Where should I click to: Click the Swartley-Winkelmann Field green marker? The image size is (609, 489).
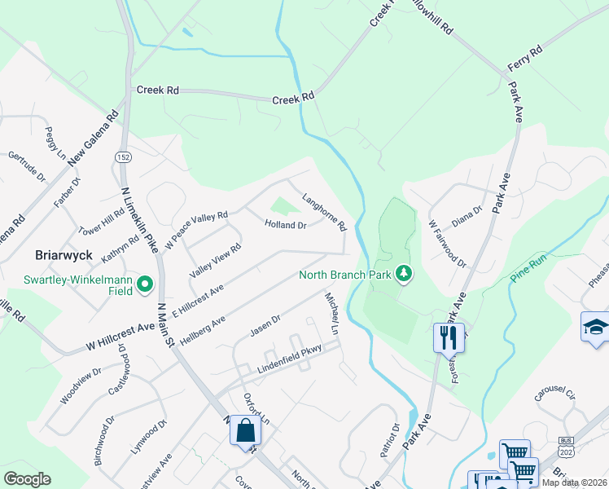[x=146, y=284]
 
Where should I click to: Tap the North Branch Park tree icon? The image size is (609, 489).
[x=402, y=274]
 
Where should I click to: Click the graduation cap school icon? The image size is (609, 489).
[x=595, y=328]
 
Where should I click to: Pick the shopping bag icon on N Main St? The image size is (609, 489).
[x=245, y=430]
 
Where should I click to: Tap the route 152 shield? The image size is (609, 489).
[x=124, y=156]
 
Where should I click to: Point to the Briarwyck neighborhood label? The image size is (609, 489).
[x=61, y=254]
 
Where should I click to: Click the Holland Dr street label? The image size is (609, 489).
[x=285, y=225]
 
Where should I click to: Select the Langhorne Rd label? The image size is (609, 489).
[x=325, y=211]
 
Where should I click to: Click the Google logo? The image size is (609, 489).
[x=28, y=479]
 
